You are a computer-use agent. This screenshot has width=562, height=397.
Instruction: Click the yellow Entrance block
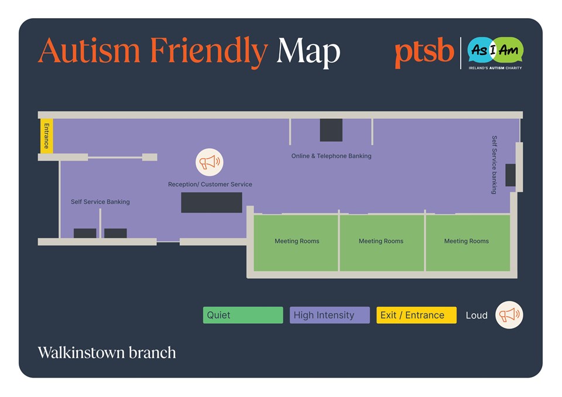[x=47, y=136]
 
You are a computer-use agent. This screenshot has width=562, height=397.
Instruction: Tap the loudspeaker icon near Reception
[x=210, y=162]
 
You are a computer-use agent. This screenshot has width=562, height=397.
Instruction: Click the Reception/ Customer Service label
[x=210, y=184]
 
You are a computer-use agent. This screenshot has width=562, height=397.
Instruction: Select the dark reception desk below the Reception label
[x=211, y=203]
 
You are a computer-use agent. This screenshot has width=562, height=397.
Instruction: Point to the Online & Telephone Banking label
[x=331, y=156]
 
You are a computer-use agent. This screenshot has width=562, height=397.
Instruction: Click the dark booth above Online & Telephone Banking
[x=331, y=130]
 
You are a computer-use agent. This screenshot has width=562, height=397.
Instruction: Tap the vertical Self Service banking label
[x=494, y=165]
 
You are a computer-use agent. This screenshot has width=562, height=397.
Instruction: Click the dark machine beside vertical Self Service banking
[x=510, y=175]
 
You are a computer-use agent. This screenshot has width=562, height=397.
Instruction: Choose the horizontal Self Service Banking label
[x=100, y=202]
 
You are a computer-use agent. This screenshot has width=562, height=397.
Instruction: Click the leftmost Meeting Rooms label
[x=297, y=241]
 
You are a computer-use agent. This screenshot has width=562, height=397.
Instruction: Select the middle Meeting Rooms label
[x=381, y=241]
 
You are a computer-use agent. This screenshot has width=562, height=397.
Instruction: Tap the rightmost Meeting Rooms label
[x=467, y=241]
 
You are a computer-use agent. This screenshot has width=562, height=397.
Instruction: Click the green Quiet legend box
[x=243, y=315]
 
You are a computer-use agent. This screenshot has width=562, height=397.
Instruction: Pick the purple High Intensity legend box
[x=330, y=315]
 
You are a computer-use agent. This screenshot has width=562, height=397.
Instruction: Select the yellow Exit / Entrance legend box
[x=416, y=315]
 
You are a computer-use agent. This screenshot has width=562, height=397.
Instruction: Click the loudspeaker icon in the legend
[x=509, y=315]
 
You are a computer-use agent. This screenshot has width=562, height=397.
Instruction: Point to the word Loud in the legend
[x=477, y=316]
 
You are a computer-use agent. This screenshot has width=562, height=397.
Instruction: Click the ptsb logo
[x=424, y=53]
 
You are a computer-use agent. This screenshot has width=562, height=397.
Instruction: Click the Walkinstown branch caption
[x=107, y=352]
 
